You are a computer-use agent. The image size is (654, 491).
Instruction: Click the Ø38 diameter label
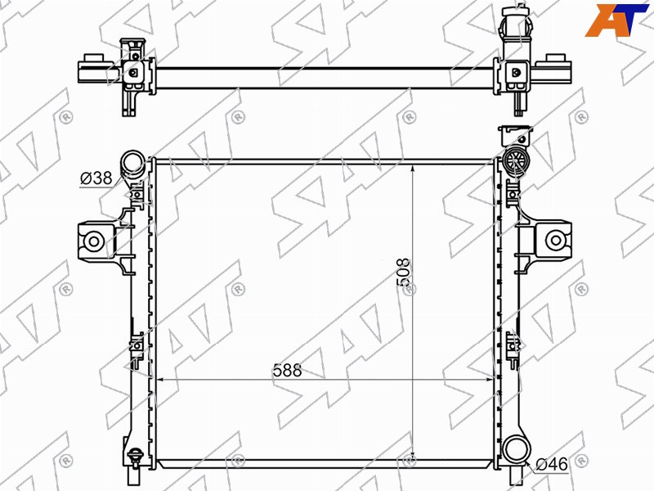point(96,178)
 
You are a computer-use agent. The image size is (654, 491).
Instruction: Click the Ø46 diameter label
point(551,464)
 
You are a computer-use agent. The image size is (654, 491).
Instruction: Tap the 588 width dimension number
point(287,370)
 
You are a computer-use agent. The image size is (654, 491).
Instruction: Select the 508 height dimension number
point(403,273)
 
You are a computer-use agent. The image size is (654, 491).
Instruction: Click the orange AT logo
point(616,20)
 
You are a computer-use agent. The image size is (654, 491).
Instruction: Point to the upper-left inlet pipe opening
point(133,161)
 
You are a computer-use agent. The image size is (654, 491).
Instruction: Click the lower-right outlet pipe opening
point(517,448)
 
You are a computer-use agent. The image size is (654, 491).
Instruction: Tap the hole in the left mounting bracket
point(93,241)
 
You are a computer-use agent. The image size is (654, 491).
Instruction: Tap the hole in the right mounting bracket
point(555,240)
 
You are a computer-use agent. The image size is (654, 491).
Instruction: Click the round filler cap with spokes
point(516,160)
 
